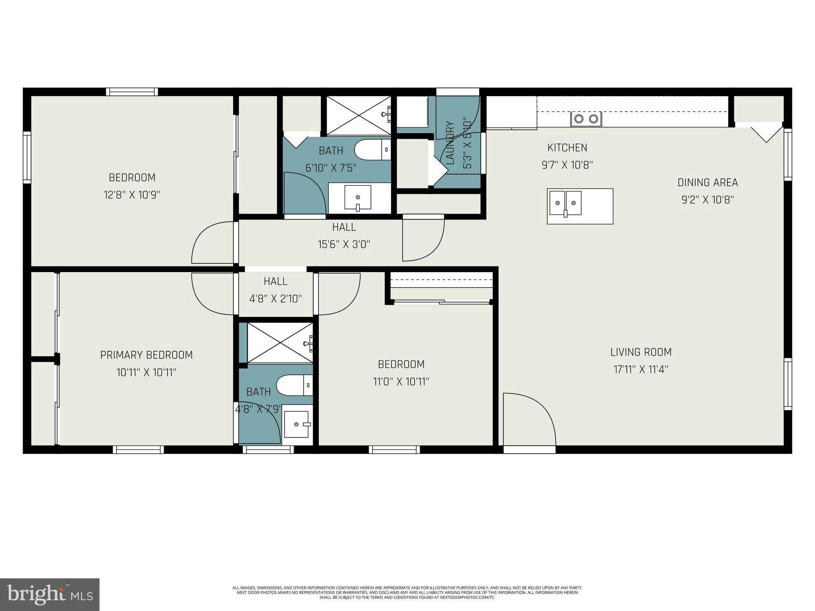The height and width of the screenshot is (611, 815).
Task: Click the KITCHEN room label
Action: click(x=567, y=148)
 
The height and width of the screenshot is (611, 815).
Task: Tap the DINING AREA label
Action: click(x=707, y=183)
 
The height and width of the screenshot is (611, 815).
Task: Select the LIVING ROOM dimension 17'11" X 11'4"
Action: click(x=640, y=370)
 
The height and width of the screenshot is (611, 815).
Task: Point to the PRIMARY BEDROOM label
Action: click(x=146, y=355)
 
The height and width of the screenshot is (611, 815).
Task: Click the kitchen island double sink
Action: click(x=565, y=203)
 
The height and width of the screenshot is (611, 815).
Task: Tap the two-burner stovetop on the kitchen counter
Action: click(x=586, y=119)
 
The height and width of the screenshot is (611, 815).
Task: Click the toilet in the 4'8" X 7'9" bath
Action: click(x=294, y=385)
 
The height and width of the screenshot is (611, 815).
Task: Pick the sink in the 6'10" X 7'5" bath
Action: click(x=357, y=197)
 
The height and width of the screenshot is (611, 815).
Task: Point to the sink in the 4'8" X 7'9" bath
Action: click(x=296, y=424)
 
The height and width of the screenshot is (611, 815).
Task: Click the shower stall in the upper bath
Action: click(x=358, y=115)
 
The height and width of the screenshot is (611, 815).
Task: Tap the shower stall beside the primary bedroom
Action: click(x=280, y=342)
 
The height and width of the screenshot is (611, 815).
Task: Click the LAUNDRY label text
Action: click(x=450, y=143)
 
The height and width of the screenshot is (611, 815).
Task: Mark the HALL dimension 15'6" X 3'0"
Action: click(x=344, y=244)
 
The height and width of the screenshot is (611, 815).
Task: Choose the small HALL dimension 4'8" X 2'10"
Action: click(x=275, y=299)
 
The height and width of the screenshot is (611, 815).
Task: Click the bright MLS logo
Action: click(x=49, y=594)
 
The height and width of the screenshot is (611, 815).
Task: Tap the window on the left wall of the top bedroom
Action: click(x=27, y=157)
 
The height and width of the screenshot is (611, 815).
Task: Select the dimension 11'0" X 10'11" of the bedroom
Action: click(x=401, y=382)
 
